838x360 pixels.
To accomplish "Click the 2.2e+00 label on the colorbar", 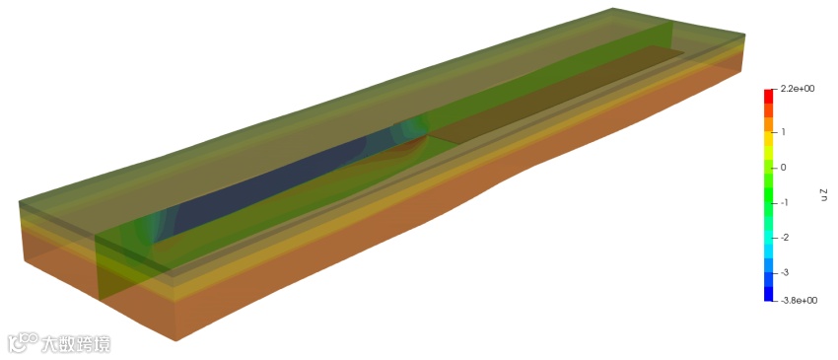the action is pyautogui.click(x=798, y=89).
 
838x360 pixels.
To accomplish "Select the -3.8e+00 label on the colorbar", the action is pyautogui.click(x=799, y=301).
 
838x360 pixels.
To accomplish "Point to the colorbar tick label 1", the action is pyautogui.click(x=783, y=131).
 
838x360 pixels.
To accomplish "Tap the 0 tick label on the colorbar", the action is pyautogui.click(x=784, y=168).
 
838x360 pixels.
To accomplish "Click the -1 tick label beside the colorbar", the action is pyautogui.click(x=785, y=203).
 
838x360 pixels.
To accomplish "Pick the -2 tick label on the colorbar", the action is pyautogui.click(x=785, y=237).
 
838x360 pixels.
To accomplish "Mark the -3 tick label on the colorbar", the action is pyautogui.click(x=785, y=273).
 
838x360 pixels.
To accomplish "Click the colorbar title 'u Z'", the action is pyautogui.click(x=823, y=194).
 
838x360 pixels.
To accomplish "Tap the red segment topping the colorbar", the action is pyautogui.click(x=769, y=97).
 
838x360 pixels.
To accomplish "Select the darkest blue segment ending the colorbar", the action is pyautogui.click(x=769, y=294).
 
